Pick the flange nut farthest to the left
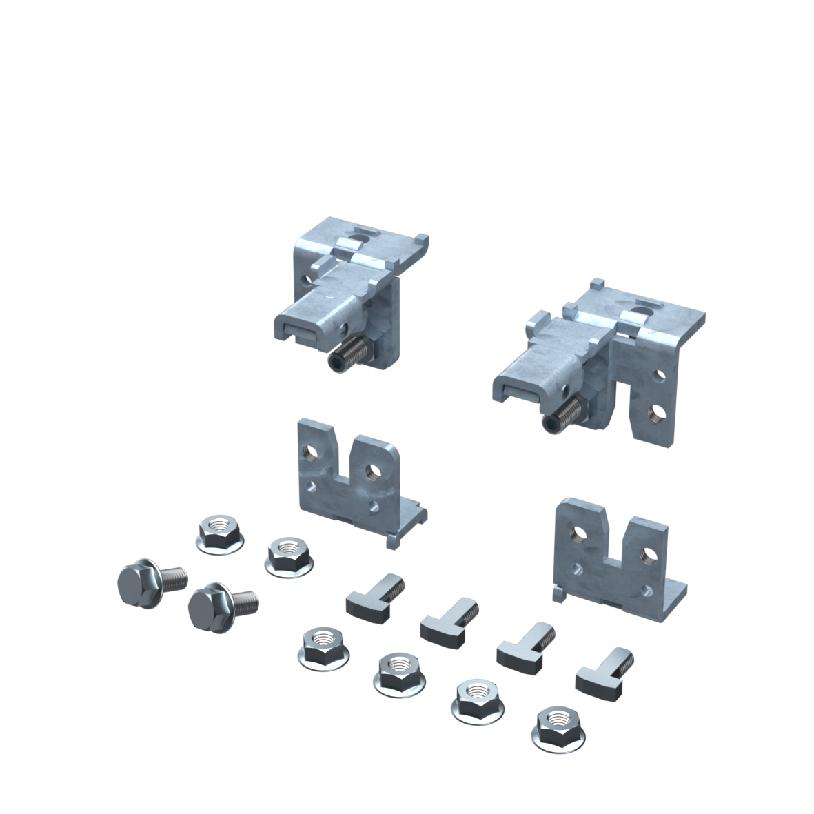pyautogui.click(x=220, y=533)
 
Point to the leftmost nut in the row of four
pyautogui.click(x=323, y=648)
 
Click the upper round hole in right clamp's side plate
pyautogui.click(x=660, y=376)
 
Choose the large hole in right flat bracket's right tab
pyautogui.click(x=645, y=553)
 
